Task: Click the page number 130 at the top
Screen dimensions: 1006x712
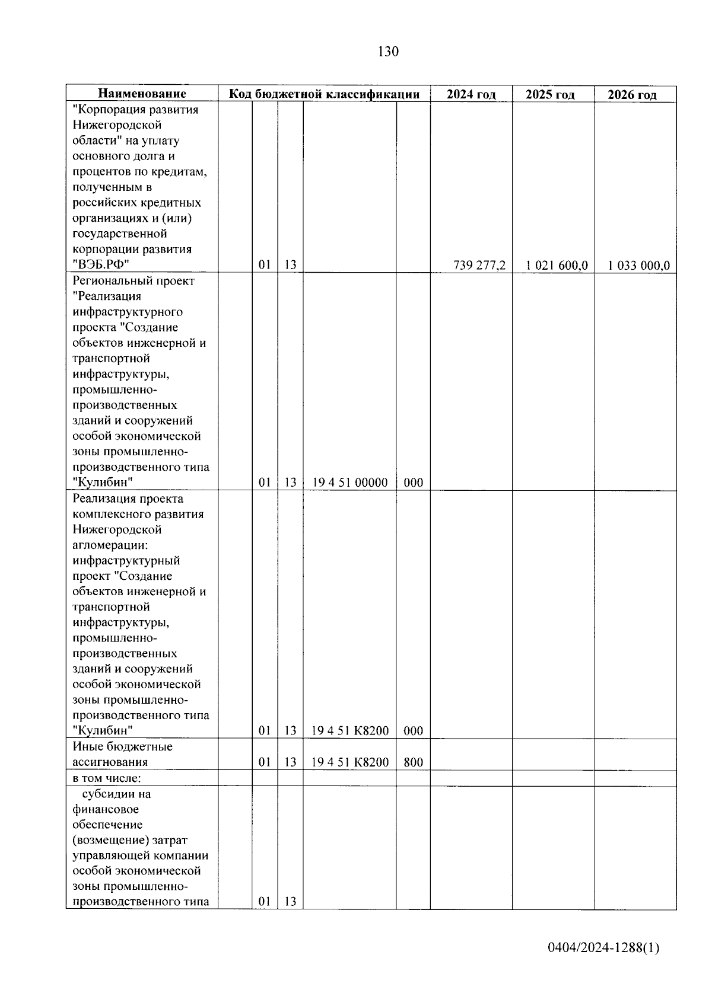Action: [388, 52]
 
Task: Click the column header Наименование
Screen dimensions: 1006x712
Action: [142, 94]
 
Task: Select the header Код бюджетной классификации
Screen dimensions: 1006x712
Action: [325, 94]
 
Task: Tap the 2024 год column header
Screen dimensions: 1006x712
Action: [471, 94]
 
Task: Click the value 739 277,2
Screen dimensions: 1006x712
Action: [479, 265]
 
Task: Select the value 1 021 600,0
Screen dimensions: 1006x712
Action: [557, 265]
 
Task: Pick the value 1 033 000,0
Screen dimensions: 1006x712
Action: [639, 265]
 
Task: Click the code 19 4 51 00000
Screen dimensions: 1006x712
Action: [350, 483]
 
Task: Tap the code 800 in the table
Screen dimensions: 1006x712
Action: [413, 762]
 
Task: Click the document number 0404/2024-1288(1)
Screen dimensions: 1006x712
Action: [603, 948]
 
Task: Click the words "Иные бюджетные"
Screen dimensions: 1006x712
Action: [122, 746]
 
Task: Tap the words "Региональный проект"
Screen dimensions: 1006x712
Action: [133, 280]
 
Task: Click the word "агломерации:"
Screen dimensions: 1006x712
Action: [110, 545]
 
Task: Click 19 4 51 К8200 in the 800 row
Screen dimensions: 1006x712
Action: [350, 762]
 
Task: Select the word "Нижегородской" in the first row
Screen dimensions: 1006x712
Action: [117, 125]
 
